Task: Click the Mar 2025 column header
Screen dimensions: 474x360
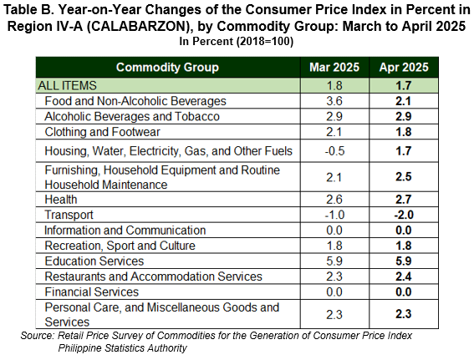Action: point(334,67)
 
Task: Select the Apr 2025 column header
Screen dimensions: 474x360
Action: point(404,67)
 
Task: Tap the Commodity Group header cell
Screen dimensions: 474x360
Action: point(167,67)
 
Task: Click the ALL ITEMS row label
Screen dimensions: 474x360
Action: point(67,85)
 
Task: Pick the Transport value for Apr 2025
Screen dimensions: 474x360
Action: point(404,215)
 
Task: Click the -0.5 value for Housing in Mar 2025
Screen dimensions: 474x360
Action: point(334,150)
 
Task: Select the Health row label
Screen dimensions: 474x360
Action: point(61,200)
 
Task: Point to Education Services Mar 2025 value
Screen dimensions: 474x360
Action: point(334,261)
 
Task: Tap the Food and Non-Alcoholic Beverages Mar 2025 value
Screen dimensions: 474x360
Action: point(334,101)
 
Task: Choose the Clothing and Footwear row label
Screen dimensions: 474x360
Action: point(102,132)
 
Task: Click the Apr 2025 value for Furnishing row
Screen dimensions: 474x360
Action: point(404,177)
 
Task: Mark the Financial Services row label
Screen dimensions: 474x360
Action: point(92,292)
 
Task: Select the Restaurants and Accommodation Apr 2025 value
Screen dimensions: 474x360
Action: point(404,276)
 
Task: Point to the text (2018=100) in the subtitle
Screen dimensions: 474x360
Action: point(265,41)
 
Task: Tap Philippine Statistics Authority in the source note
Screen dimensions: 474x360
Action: point(122,348)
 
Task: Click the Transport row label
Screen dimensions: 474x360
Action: point(69,215)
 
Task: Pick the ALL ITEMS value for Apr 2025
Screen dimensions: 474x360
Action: point(404,85)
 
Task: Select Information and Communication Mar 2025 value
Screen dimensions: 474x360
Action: point(334,231)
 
